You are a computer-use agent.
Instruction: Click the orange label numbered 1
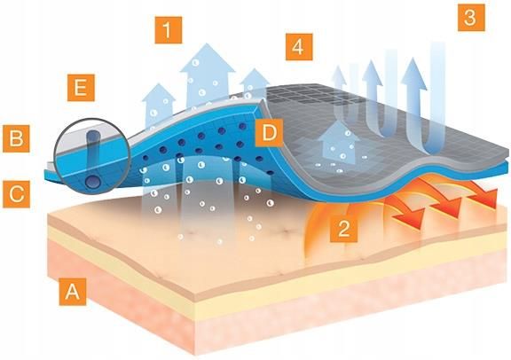pyautogui.click(x=169, y=30)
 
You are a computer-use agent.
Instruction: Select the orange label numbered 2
pyautogui.click(x=343, y=229)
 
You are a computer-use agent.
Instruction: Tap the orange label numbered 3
pyautogui.click(x=471, y=18)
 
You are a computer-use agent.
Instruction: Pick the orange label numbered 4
pyautogui.click(x=299, y=47)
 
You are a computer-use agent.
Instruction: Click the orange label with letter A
pyautogui.click(x=73, y=292)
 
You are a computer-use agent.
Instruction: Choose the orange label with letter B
pyautogui.click(x=16, y=139)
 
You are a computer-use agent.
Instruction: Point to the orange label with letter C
pyautogui.click(x=16, y=194)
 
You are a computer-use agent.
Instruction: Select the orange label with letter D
pyautogui.click(x=269, y=133)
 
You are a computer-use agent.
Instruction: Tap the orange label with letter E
pyautogui.click(x=81, y=88)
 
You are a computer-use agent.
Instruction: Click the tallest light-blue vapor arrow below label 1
pyautogui.click(x=207, y=75)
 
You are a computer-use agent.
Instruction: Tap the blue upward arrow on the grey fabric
pyautogui.click(x=339, y=143)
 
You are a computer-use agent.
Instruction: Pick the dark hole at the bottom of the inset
pyautogui.click(x=92, y=181)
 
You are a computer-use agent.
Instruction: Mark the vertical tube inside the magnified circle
pyautogui.click(x=93, y=153)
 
